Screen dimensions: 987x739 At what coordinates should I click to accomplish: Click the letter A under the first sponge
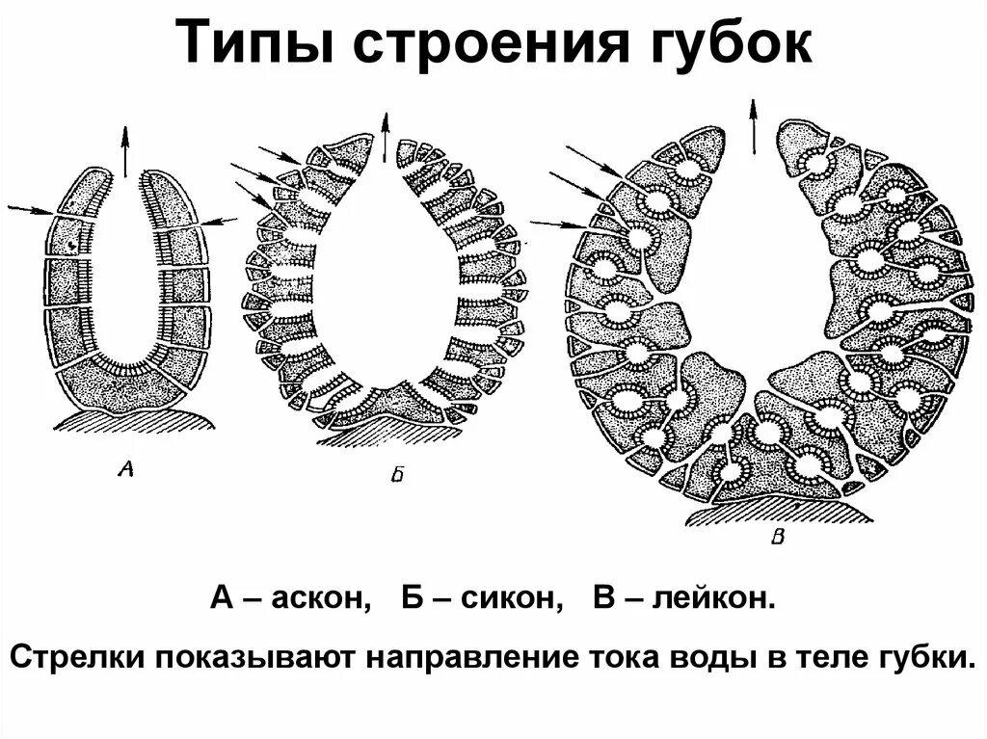pyautogui.click(x=124, y=469)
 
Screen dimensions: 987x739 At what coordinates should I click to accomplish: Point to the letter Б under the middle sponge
pyautogui.click(x=398, y=474)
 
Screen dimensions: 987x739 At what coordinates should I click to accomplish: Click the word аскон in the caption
pyautogui.click(x=321, y=599)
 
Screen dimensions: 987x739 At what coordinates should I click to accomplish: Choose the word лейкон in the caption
pyautogui.click(x=713, y=599)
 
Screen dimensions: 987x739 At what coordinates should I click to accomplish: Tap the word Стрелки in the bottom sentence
pyautogui.click(x=80, y=659)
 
